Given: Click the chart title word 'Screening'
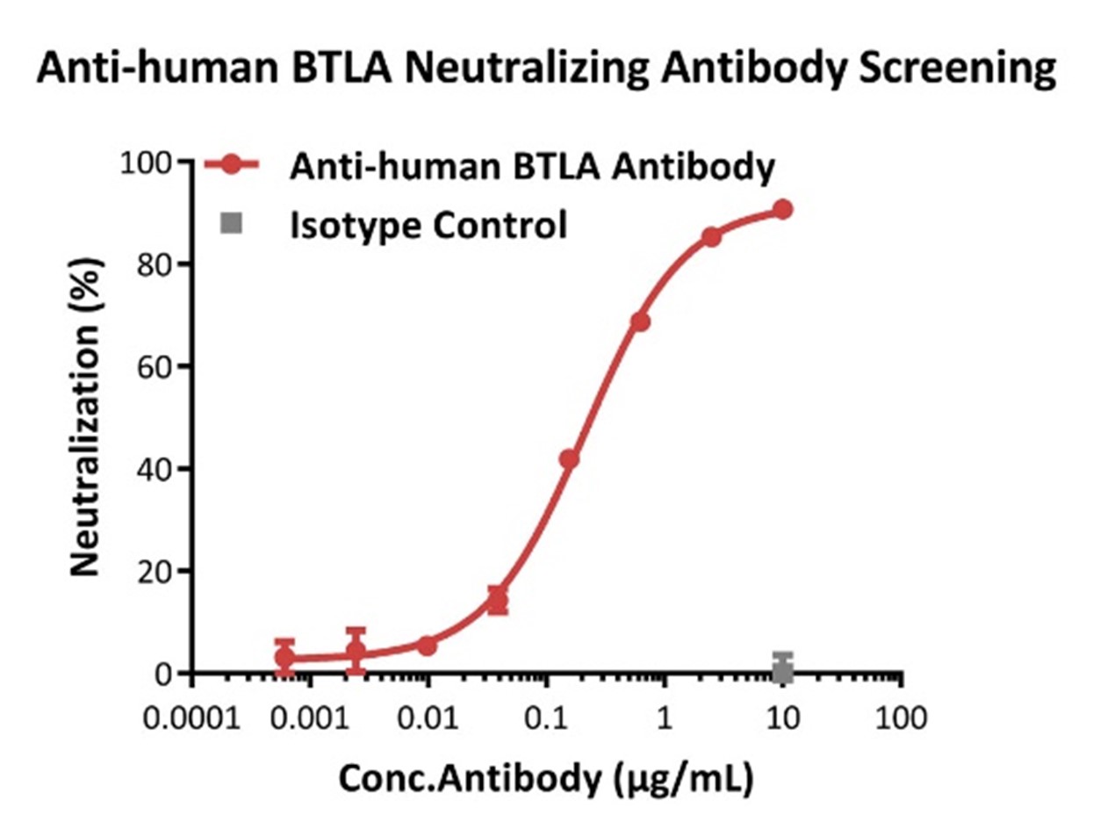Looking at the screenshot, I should [x=957, y=69].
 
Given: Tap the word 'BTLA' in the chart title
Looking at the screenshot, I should [x=335, y=68].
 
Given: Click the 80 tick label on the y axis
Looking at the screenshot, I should [x=154, y=264].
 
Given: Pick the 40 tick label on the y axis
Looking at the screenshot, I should [x=154, y=469].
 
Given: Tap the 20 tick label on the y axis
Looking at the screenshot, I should [x=154, y=572].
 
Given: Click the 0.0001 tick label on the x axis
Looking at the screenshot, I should [x=191, y=718].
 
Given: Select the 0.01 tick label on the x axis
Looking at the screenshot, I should [x=427, y=718].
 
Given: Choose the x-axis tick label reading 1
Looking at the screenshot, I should [x=664, y=718].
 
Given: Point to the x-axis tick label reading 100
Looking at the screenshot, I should [x=901, y=718].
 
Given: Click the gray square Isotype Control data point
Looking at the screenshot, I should [x=782, y=671].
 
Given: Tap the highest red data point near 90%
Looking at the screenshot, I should [x=782, y=209].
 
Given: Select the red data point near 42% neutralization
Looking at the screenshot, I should [x=569, y=459].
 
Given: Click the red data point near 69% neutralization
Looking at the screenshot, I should [x=640, y=322].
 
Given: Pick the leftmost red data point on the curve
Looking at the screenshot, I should [x=284, y=656].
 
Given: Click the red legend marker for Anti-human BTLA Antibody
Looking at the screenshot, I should [x=231, y=165].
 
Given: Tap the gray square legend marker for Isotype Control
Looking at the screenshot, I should [x=231, y=225].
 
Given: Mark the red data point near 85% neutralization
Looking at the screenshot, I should [x=711, y=237].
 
